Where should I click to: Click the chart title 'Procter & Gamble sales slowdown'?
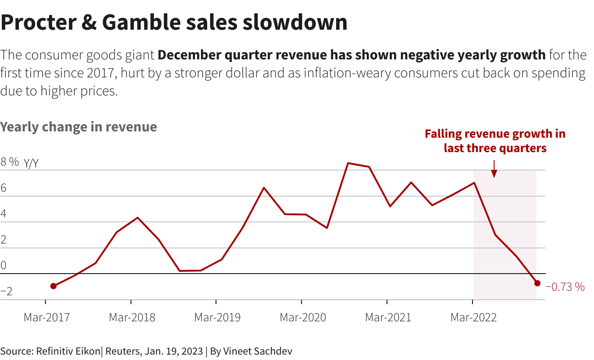(174, 22)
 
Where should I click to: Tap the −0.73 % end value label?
(565, 287)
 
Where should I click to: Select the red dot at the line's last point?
(537, 283)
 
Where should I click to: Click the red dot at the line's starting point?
(54, 286)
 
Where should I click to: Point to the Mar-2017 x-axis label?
(46, 317)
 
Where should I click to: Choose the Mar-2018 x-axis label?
(132, 317)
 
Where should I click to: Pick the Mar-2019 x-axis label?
(217, 317)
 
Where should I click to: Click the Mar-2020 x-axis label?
(302, 317)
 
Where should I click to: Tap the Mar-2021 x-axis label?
(388, 317)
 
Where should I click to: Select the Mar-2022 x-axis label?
(473, 317)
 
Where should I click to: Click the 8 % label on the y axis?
(9, 162)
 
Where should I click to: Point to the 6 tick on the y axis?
(4, 188)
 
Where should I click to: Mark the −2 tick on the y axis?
(6, 292)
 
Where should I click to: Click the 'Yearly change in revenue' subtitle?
(79, 127)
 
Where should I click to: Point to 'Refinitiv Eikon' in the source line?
(67, 351)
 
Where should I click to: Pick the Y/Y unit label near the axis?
(31, 163)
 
